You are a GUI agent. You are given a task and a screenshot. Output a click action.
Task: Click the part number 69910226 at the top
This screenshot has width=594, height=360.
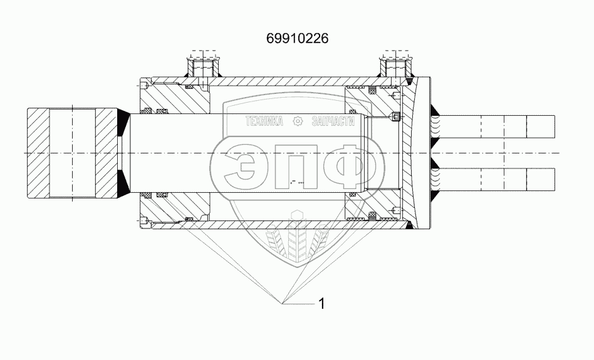click(x=298, y=38)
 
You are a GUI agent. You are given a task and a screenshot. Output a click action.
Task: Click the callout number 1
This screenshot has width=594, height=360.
click(x=321, y=304)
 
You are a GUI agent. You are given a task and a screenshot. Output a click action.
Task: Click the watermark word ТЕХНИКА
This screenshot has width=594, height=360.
click(x=264, y=121)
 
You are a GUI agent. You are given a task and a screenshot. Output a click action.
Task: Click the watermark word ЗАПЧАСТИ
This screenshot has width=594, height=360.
click(x=333, y=121)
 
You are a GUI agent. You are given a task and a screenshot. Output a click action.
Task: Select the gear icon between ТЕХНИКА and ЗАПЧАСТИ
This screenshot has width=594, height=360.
click(x=298, y=121)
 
